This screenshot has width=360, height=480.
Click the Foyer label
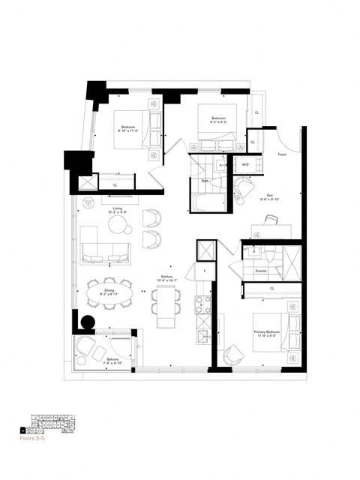(x=281, y=154)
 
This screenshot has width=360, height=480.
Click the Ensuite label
(x=262, y=268)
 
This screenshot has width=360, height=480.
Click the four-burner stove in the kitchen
(x=202, y=304)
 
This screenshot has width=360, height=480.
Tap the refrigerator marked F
(x=202, y=271)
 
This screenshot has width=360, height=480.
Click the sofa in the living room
(x=105, y=255)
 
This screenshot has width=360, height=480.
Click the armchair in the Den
(x=244, y=187)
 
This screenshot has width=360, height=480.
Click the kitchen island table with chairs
(x=166, y=304)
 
